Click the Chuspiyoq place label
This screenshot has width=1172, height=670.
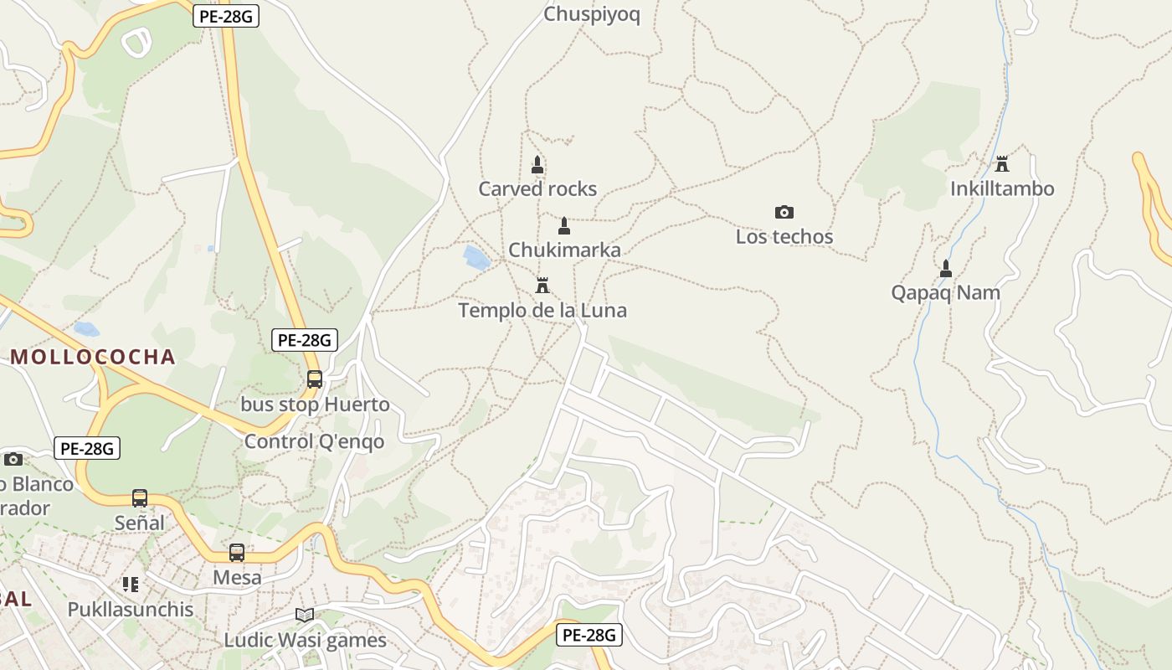click(x=592, y=14)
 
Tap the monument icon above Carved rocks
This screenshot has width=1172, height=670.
click(x=537, y=164)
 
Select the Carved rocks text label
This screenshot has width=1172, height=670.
click(x=537, y=189)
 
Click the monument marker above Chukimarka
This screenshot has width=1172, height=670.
click(x=564, y=226)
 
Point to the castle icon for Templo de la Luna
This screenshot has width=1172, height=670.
click(x=542, y=286)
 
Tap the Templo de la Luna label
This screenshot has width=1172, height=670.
click(x=542, y=311)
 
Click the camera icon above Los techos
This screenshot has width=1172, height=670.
click(x=784, y=212)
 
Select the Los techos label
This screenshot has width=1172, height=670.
click(x=784, y=237)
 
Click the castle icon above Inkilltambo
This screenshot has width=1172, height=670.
click(x=1002, y=163)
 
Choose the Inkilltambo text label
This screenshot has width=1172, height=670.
click(x=1002, y=189)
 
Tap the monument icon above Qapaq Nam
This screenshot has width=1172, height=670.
click(x=946, y=269)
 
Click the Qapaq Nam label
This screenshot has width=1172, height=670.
click(x=946, y=293)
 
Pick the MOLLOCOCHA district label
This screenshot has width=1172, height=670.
click(x=93, y=358)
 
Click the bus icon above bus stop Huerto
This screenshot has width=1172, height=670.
click(x=315, y=379)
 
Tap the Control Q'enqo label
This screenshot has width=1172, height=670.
click(x=315, y=441)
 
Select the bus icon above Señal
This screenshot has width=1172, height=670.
click(x=140, y=498)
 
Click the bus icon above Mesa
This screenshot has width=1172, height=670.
click(x=237, y=553)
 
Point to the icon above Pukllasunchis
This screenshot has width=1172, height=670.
click(x=131, y=584)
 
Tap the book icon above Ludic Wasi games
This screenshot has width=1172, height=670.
click(x=305, y=616)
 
